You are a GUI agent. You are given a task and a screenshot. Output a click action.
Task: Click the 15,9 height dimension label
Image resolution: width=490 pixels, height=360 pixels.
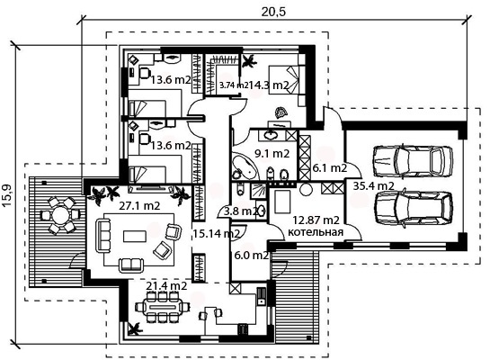(6, 195)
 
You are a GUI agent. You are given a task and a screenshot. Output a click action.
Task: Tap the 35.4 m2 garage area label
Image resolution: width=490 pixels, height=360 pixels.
(373, 185)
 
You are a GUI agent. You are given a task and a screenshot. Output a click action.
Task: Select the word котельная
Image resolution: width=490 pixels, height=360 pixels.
(315, 232)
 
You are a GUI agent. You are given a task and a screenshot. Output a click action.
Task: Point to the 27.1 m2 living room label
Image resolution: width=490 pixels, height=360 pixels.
(139, 205)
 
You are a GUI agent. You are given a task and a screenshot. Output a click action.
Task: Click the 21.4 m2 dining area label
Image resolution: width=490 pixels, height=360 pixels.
(167, 285)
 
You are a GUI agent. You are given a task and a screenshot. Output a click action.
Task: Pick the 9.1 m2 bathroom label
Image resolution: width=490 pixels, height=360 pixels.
(272, 154)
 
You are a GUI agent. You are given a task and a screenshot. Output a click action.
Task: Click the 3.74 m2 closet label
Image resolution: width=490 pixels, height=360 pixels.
(234, 85)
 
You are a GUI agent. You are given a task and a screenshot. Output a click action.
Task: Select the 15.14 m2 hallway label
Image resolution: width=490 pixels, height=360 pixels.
(216, 233)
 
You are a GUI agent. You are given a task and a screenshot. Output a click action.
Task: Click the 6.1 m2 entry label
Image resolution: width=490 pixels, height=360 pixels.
(330, 168)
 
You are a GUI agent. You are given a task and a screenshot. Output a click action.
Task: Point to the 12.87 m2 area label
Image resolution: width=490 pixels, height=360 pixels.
(316, 220)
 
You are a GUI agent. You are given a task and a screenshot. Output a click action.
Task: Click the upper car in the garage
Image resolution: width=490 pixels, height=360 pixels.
(413, 161)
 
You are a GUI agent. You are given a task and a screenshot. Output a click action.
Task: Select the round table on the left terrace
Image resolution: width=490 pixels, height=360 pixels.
(59, 215)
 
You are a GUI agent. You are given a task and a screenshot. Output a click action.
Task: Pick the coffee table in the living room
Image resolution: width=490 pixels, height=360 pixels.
(135, 236)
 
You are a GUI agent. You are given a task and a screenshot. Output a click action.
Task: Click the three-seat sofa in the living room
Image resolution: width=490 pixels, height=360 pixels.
(103, 236)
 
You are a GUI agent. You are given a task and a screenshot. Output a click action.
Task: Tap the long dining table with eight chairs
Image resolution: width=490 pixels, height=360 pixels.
(162, 307)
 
